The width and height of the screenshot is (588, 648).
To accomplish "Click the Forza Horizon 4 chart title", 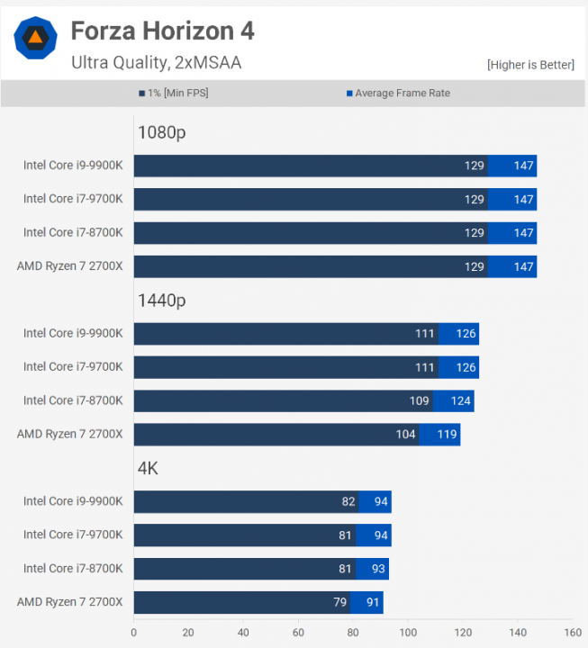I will click(x=162, y=31).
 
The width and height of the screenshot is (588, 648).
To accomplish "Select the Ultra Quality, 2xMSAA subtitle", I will click(x=156, y=62).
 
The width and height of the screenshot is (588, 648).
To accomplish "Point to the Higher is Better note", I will click(x=529, y=65).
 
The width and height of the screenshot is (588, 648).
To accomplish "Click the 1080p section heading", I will click(x=161, y=132).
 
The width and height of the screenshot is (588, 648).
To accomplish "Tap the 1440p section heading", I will click(x=161, y=301).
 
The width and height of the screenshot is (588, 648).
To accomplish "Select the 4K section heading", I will click(x=148, y=468).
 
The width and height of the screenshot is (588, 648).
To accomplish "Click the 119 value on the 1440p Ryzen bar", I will click(x=447, y=435).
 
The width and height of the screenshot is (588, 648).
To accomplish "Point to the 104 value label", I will click(x=405, y=435).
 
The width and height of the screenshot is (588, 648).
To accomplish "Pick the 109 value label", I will click(x=420, y=401).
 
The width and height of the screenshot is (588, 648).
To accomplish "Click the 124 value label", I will click(x=460, y=401).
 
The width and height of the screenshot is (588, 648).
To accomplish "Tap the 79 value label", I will click(x=339, y=603).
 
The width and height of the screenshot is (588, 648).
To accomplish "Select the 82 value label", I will click(x=348, y=502).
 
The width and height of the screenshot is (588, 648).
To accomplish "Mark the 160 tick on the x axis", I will click(x=573, y=632).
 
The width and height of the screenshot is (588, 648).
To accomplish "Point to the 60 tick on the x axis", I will click(x=298, y=632).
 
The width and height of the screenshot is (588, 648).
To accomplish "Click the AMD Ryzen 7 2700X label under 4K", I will click(x=69, y=602).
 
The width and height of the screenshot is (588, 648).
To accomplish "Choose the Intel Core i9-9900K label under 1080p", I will click(x=73, y=166).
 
